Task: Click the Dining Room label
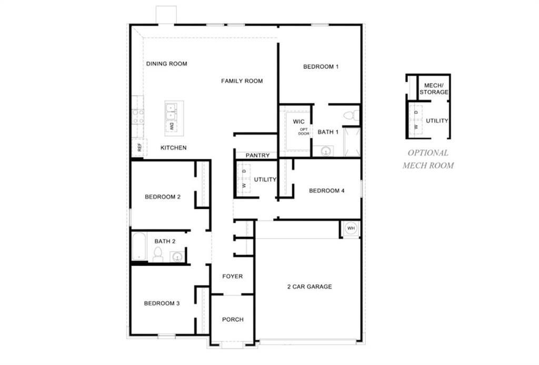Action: pos(166,64)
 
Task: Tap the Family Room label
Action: pos(242,81)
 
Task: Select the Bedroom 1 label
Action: pos(321,67)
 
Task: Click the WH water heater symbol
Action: pos(351,228)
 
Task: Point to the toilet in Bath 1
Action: pos(351,115)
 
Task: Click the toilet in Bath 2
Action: pos(157,255)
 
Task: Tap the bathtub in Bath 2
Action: pos(139,247)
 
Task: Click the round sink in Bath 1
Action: pos(325,151)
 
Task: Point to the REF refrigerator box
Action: pos(139,148)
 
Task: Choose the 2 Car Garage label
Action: pos(309,287)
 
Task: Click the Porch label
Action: pos(233,319)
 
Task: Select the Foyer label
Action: pos(232,276)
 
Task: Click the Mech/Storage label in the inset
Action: pos(434,88)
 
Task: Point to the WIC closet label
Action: pos(299,121)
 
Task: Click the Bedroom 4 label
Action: pos(326,190)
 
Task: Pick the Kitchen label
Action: pos(173,148)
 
